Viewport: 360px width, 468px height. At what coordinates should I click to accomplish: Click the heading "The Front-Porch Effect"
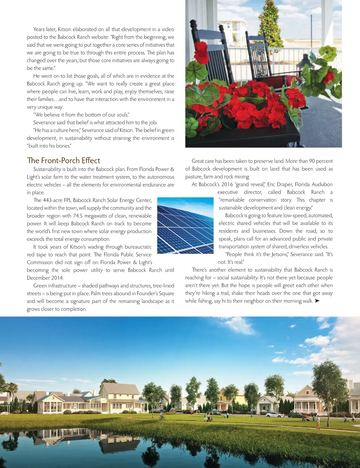[64, 160]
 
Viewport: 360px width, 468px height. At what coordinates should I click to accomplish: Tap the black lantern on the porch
[306, 65]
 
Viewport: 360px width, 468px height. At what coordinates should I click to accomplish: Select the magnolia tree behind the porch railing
[270, 25]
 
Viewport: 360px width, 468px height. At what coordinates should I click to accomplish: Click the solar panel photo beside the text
[185, 226]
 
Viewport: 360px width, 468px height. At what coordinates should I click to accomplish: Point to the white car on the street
[275, 415]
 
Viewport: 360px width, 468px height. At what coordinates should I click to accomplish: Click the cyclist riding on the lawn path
[161, 416]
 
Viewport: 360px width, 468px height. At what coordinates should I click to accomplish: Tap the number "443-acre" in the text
[52, 200]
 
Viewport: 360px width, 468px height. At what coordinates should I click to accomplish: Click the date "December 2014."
[45, 278]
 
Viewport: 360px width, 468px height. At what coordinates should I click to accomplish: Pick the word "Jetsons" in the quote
[279, 254]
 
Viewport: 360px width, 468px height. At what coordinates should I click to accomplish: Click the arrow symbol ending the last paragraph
[317, 301]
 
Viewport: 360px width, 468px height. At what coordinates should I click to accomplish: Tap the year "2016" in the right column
[227, 184]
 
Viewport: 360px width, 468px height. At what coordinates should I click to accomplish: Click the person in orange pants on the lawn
[318, 422]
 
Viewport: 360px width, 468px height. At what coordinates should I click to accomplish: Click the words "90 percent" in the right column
[321, 161]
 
